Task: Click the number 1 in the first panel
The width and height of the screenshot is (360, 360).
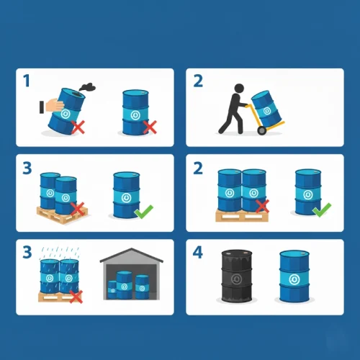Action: point(27,81)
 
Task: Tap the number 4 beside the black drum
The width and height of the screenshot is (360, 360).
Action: point(198,252)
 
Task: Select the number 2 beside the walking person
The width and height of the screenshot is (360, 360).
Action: point(198,81)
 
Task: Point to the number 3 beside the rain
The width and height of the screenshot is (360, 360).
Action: point(27,252)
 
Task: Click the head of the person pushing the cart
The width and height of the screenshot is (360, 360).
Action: point(239,88)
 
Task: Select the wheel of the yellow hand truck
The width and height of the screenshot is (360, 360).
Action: point(262,130)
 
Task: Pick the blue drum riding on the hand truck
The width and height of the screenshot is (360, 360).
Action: point(266,109)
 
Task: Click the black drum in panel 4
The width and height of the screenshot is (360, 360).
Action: point(237,276)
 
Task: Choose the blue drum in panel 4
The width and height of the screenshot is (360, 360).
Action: point(294,276)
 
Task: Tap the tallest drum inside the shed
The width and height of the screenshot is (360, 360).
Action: point(124,285)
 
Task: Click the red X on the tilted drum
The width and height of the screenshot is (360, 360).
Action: point(78,127)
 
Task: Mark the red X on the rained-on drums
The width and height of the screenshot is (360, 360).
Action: point(76,297)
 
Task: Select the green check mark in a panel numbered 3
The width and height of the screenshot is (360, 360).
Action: point(144,211)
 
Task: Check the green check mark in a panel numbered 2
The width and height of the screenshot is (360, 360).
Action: point(322,210)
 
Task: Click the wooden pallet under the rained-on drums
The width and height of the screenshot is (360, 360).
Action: point(59,297)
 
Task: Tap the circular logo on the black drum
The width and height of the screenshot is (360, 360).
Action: point(236,279)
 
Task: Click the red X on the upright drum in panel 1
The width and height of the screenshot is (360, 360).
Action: point(150,127)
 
